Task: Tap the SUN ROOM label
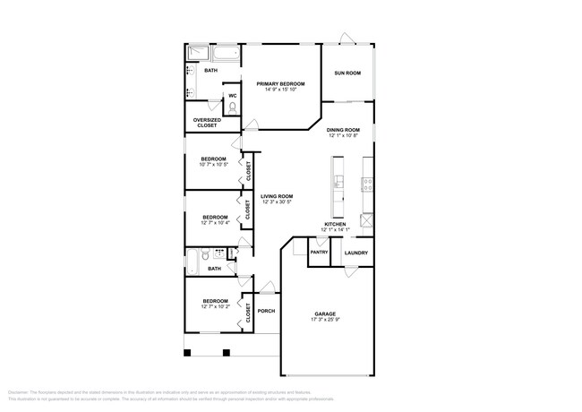coord(347,73)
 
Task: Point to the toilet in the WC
coord(233,107)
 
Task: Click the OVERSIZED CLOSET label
coord(207,123)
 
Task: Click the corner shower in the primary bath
coord(192,55)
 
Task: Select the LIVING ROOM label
coord(277,196)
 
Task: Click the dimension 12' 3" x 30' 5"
coord(277,202)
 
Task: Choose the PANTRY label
coord(319,253)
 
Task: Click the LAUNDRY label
coord(356,253)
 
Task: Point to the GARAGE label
coord(324,314)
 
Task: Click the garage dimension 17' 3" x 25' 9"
coord(324,321)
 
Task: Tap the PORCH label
coord(266,312)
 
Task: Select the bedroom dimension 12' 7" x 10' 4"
coord(215,223)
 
